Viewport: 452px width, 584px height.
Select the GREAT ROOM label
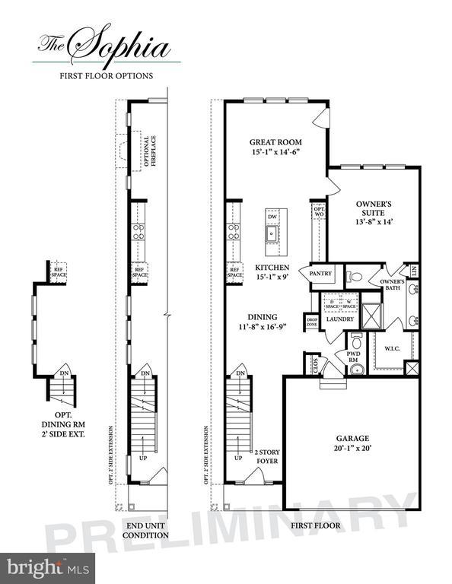tap(275, 141)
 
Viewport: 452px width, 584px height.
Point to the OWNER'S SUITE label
tap(374, 205)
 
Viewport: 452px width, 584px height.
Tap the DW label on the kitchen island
tap(271, 217)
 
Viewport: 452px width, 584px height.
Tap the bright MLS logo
tap(49, 567)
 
